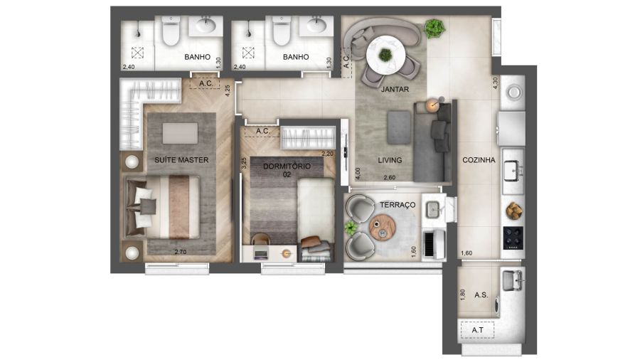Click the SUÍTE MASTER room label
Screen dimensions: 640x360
click(181, 160)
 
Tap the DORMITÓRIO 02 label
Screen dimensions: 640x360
click(287, 170)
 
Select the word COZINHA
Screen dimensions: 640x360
click(479, 160)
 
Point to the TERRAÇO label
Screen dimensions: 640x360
click(398, 204)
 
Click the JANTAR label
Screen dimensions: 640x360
click(395, 89)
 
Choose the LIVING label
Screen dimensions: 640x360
click(390, 160)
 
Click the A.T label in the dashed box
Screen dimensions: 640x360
click(478, 330)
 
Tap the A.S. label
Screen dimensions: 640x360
click(481, 295)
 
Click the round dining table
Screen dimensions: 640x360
click(385, 55)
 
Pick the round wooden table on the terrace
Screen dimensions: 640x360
click(383, 228)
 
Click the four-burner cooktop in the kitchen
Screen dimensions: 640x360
click(513, 238)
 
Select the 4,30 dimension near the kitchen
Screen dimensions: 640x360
click(496, 83)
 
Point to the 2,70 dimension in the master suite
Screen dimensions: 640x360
click(181, 252)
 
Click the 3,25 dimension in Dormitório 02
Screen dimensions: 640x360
click(244, 163)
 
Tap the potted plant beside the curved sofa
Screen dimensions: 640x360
click(434, 28)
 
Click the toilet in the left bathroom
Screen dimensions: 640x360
click(171, 31)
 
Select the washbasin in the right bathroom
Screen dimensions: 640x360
click(316, 26)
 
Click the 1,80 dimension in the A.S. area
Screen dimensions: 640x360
click(462, 295)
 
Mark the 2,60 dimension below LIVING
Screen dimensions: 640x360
click(390, 178)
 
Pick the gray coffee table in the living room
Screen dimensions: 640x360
click(399, 127)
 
